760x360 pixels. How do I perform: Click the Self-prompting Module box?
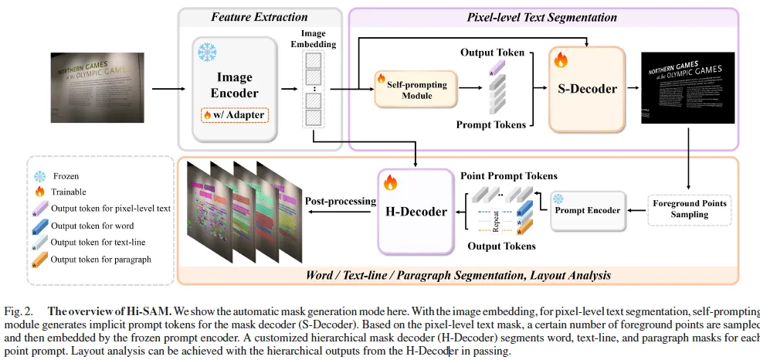click(416, 89)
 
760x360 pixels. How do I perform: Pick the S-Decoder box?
click(587, 88)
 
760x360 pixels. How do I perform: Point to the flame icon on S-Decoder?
click(561, 59)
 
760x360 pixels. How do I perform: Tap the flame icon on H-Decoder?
click(390, 183)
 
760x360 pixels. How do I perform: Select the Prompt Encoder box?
click(588, 210)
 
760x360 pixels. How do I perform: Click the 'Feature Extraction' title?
click(260, 16)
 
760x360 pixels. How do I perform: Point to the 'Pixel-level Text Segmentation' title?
click(542, 16)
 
